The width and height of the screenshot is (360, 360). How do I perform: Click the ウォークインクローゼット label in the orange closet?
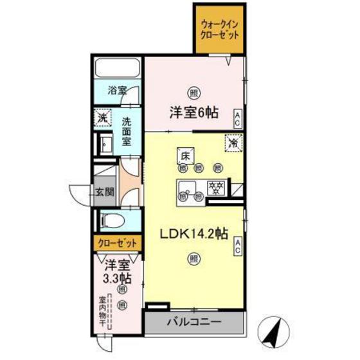point(219,29)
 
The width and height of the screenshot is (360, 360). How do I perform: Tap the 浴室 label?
point(116,90)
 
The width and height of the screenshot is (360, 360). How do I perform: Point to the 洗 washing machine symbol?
point(102,118)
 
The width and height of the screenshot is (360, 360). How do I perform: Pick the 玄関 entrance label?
point(105,192)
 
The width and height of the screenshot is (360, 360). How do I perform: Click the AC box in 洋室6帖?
point(238,117)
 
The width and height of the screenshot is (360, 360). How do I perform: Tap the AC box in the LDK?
point(238,245)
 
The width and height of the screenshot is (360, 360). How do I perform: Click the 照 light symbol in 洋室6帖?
point(192,92)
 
